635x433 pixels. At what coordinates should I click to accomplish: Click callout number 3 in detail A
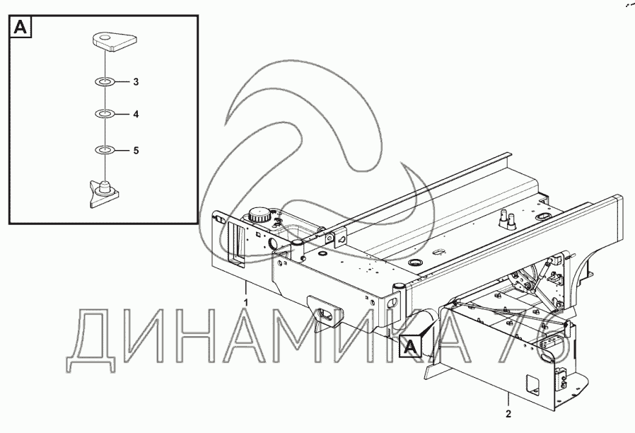pyautogui.click(x=136, y=82)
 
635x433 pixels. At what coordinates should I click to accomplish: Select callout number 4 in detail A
pyautogui.click(x=136, y=114)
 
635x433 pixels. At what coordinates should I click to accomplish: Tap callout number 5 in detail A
pyautogui.click(x=136, y=151)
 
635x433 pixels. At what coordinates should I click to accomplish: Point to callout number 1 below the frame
pyautogui.click(x=246, y=303)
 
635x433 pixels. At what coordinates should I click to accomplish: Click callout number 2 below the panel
pyautogui.click(x=508, y=414)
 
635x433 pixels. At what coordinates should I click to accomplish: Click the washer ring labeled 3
pyautogui.click(x=105, y=83)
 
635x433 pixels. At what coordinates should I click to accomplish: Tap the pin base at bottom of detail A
pyautogui.click(x=104, y=194)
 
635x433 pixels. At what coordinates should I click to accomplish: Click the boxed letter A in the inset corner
pyautogui.click(x=21, y=27)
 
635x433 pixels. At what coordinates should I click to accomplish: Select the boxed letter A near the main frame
pyautogui.click(x=410, y=347)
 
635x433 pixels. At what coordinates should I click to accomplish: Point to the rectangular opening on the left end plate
pyautogui.click(x=235, y=246)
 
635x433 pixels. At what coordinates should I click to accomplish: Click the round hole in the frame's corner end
pyautogui.click(x=392, y=302)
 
